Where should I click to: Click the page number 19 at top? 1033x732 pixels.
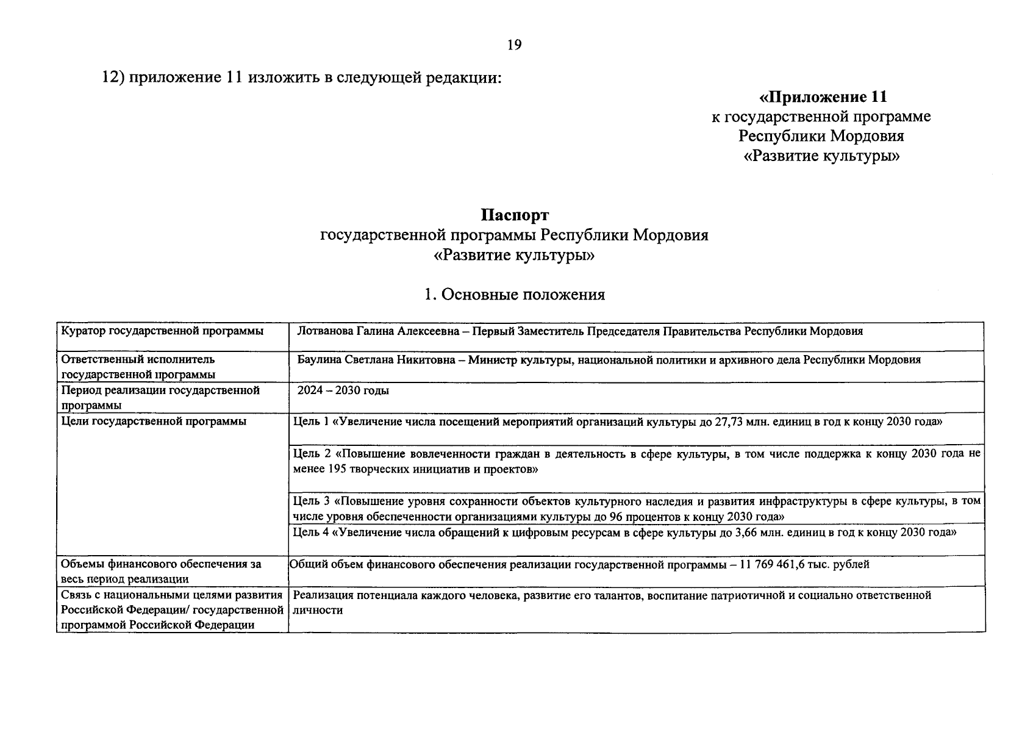(x=514, y=45)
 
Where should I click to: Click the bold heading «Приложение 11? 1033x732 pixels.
(x=822, y=97)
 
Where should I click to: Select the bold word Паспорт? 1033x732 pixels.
(x=514, y=215)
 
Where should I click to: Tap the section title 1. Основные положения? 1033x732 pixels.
(x=514, y=295)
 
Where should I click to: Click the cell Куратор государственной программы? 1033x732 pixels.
(x=163, y=331)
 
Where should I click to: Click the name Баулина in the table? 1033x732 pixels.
(x=317, y=360)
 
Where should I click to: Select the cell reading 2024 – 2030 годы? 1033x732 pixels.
(x=343, y=390)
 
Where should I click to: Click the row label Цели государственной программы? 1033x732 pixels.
(x=154, y=422)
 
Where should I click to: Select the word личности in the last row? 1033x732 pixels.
(x=318, y=610)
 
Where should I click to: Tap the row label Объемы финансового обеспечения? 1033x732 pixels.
(x=162, y=565)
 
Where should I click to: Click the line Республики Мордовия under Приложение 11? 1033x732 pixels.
(x=821, y=136)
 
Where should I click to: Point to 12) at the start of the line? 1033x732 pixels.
(x=113, y=79)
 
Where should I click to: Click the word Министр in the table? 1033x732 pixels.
(x=492, y=360)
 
